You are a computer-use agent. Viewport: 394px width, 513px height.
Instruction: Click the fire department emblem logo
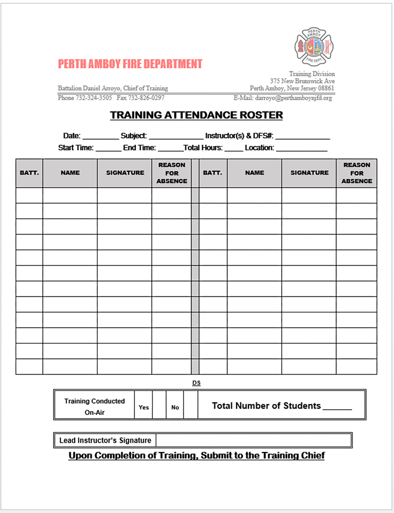coord(314,47)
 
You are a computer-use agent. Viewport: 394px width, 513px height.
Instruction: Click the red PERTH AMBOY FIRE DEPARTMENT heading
coord(130,64)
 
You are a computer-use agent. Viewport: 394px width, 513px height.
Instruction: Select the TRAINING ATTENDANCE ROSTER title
coord(196,115)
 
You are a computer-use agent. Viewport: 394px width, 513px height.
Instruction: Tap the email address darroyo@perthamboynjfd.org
coord(293,98)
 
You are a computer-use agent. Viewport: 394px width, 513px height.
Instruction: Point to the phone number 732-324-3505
coord(93,98)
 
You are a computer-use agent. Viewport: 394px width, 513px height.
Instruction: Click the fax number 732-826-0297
coord(146,98)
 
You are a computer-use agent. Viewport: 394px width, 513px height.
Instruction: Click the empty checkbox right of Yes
coord(159,405)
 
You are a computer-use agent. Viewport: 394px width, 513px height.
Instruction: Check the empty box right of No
coord(190,405)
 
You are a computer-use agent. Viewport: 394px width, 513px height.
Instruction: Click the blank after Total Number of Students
coord(337,407)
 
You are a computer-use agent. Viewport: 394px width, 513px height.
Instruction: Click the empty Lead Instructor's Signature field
coord(254,440)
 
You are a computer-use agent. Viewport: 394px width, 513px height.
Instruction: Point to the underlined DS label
coord(196,383)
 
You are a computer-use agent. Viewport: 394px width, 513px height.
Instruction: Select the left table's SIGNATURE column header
coord(125,173)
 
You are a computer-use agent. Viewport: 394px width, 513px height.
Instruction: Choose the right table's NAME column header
coord(254,173)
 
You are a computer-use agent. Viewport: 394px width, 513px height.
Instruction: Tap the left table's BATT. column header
coord(29,173)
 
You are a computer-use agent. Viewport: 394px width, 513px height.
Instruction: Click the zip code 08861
coord(326,88)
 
